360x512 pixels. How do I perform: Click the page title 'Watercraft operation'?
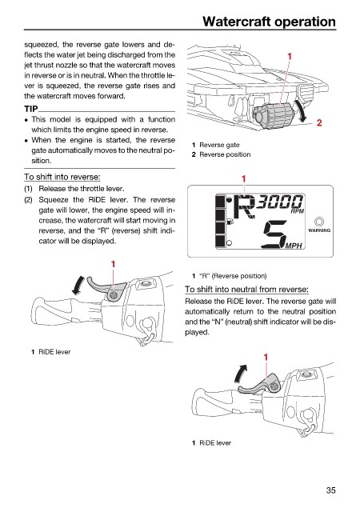(269, 22)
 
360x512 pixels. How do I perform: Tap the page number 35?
(330, 490)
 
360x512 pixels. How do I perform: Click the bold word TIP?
(31, 109)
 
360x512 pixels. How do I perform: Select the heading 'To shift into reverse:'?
(62, 177)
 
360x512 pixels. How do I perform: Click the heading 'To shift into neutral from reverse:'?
(246, 290)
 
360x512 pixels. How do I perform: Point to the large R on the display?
(246, 206)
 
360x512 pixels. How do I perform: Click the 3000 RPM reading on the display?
(279, 202)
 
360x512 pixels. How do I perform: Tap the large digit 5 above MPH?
(276, 234)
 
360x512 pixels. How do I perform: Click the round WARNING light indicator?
(319, 222)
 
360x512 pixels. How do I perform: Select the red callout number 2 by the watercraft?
(319, 122)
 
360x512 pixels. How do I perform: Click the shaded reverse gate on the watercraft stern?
(273, 115)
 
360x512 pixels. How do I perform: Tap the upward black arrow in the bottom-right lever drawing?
(241, 374)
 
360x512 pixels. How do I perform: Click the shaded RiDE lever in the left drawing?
(105, 288)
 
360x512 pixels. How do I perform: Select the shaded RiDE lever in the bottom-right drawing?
(259, 386)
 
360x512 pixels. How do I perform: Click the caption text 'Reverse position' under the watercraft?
(225, 154)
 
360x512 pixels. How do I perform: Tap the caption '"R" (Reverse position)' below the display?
(233, 276)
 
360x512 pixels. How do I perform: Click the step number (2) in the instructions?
(29, 199)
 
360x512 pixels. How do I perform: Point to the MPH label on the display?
(294, 246)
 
